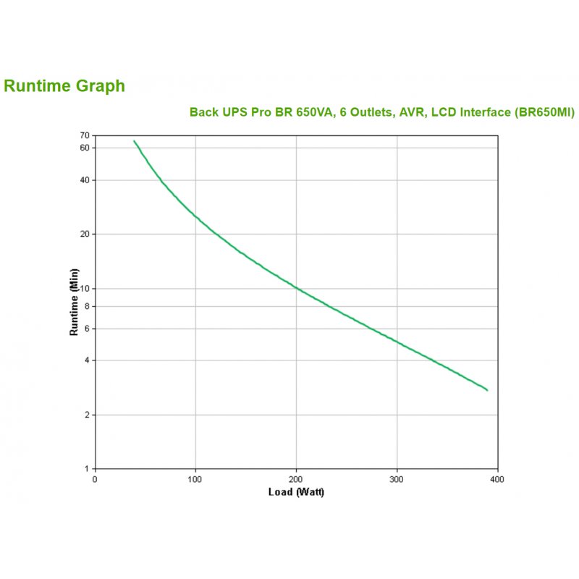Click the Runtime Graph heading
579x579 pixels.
[x=64, y=86]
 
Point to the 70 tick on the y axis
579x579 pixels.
[x=85, y=135]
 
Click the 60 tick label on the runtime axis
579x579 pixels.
[x=85, y=148]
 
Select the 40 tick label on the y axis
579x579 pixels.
[x=85, y=179]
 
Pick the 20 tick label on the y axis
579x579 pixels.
[x=85, y=234]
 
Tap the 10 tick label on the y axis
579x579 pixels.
[x=85, y=288]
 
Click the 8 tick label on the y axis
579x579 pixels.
[x=87, y=306]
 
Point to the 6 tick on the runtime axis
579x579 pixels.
[x=87, y=329]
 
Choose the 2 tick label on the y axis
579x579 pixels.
[x=87, y=415]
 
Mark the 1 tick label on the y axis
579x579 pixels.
[x=87, y=469]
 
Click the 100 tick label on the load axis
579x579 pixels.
[x=195, y=479]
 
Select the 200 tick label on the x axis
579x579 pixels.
[x=296, y=479]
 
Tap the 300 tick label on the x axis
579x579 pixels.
[x=397, y=479]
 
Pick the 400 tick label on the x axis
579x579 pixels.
[x=497, y=479]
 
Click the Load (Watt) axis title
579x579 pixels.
[x=296, y=493]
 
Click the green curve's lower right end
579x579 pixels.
[x=487, y=390]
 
